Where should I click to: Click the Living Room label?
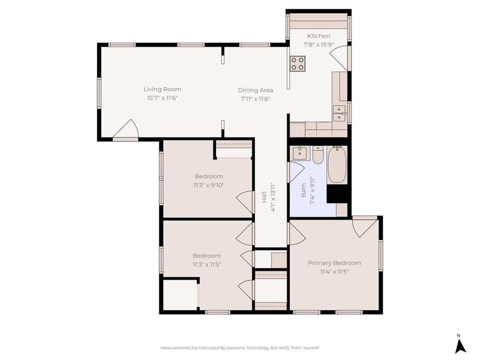click(162, 89)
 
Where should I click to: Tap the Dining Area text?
click(256, 91)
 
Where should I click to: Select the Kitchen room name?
click(319, 36)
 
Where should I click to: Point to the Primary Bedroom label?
click(334, 263)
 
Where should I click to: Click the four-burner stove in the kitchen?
click(298, 63)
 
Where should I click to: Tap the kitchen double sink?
click(340, 113)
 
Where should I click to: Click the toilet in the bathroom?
click(318, 155)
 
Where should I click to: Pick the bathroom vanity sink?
click(300, 154)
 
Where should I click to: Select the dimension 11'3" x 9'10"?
click(209, 185)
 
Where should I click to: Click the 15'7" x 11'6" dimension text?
click(162, 98)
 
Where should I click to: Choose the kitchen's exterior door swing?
click(339, 58)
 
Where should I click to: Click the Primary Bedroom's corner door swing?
click(364, 227)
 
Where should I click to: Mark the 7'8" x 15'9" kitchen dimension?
click(319, 44)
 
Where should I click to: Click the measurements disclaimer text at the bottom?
click(240, 348)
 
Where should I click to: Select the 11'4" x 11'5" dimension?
click(334, 271)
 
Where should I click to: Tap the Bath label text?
click(304, 190)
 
